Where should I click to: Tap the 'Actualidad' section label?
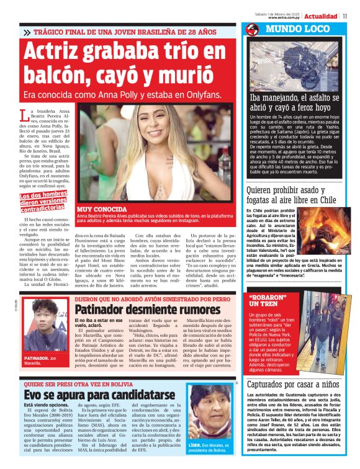(322, 16)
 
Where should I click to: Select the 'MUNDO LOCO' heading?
(290, 29)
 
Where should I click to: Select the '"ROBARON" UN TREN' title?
(269, 301)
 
